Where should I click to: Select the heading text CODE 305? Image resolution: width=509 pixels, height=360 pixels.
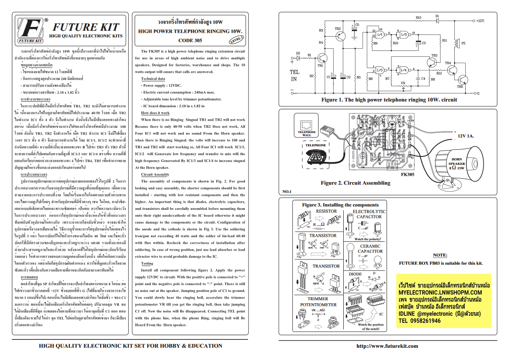pos(190,41)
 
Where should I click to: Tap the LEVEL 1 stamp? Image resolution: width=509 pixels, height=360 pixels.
pos(237,40)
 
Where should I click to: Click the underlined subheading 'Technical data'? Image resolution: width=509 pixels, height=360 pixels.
pos(153,79)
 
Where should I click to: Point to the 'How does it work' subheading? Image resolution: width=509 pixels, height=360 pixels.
pos(155,113)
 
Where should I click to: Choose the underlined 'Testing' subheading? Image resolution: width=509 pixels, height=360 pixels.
pos(147,264)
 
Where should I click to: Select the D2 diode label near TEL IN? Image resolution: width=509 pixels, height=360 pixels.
pos(297,53)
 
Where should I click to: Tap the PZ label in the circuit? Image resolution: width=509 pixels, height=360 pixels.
pos(463,43)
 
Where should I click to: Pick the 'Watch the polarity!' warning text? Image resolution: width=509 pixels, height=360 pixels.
pos(369,239)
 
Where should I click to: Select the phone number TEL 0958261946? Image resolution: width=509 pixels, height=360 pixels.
pos(419,320)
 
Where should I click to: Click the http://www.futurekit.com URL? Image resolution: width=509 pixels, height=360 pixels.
pos(387,346)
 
